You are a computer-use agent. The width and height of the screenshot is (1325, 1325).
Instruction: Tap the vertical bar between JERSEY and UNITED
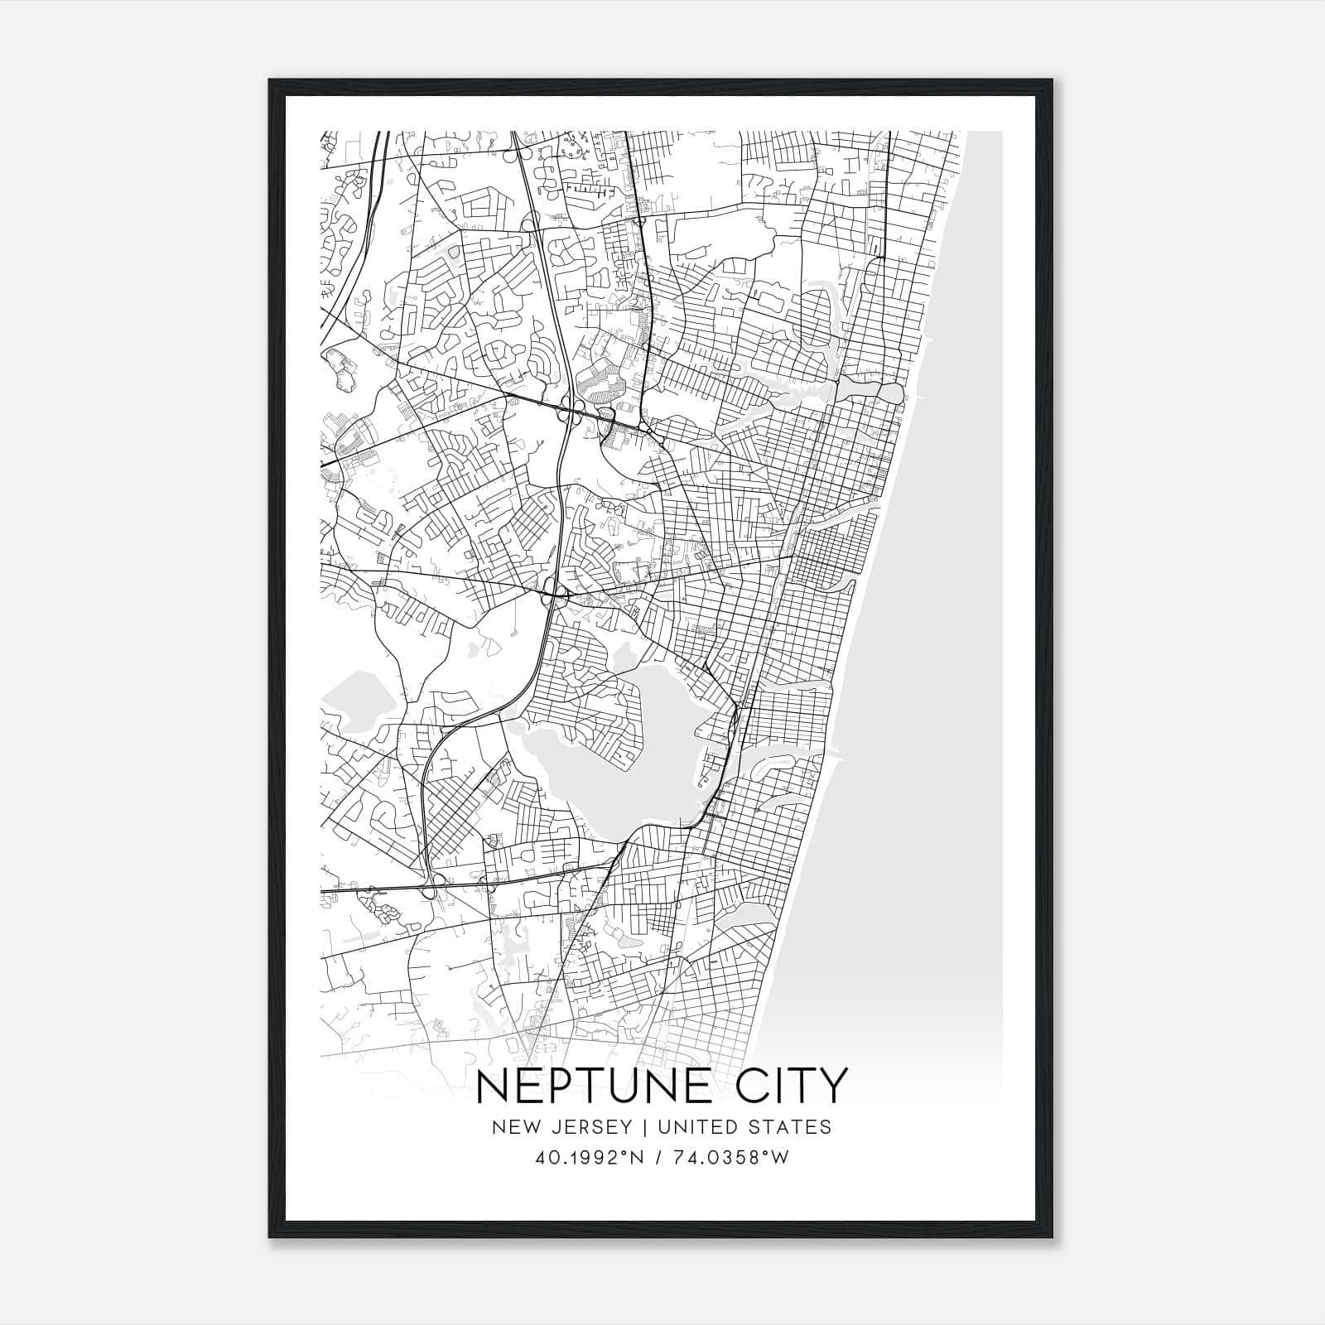pyautogui.click(x=636, y=1127)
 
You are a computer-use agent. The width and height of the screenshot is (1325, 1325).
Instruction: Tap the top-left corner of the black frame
pyautogui.click(x=270, y=80)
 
